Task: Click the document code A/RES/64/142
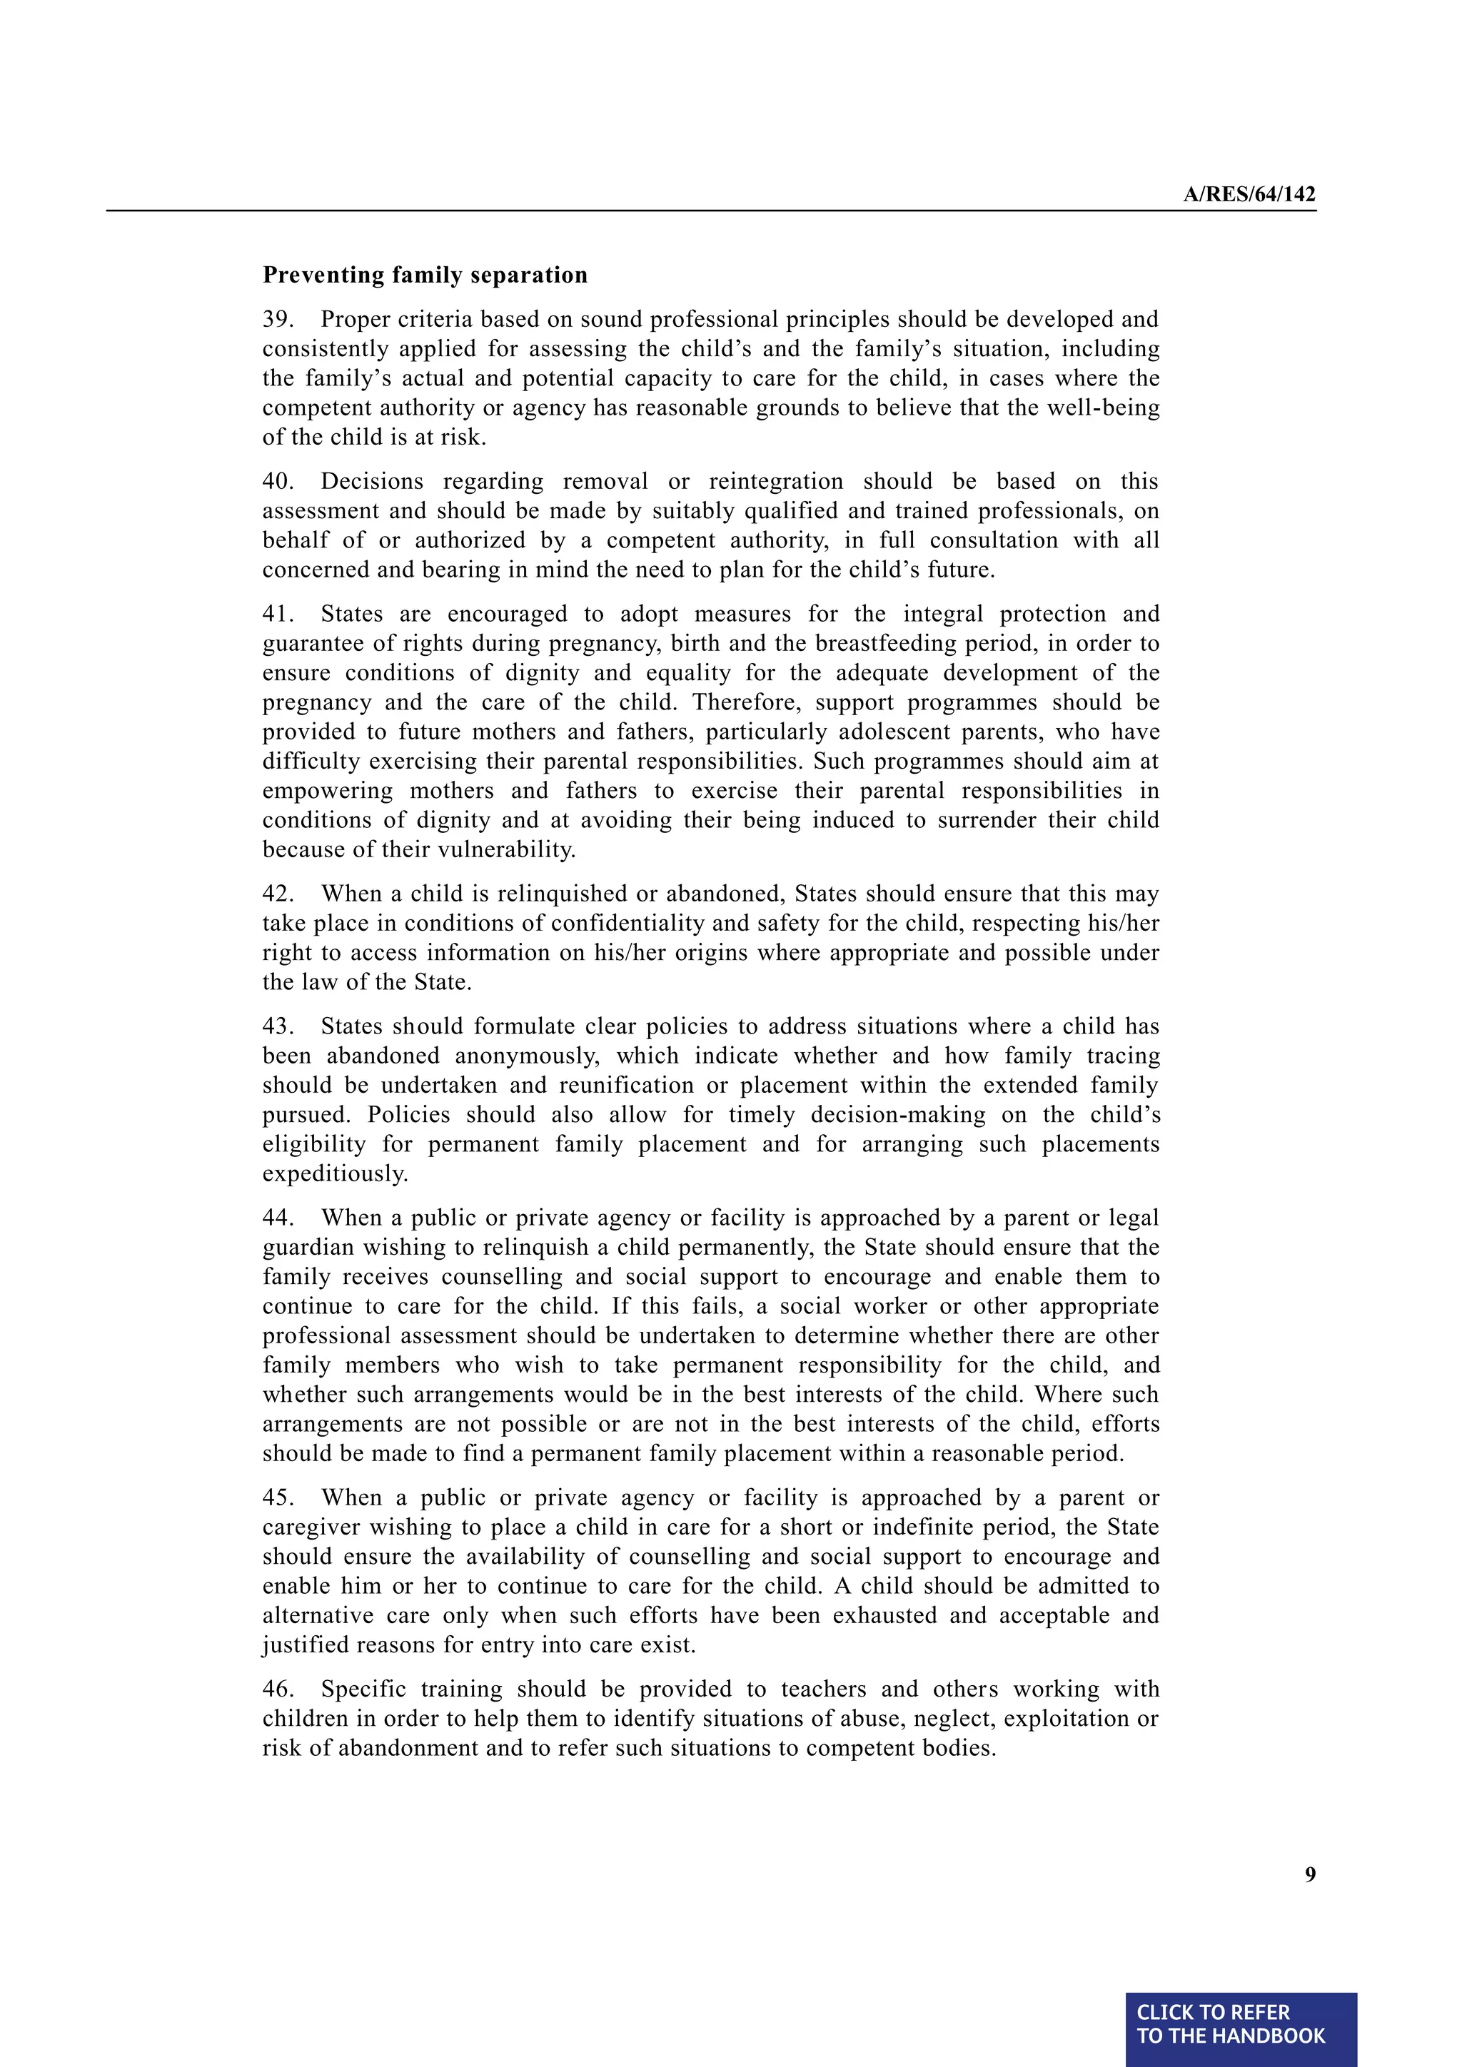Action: (x=1249, y=194)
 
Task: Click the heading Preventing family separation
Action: (x=425, y=275)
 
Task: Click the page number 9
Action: (x=1310, y=1874)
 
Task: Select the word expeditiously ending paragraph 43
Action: (x=335, y=1174)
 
